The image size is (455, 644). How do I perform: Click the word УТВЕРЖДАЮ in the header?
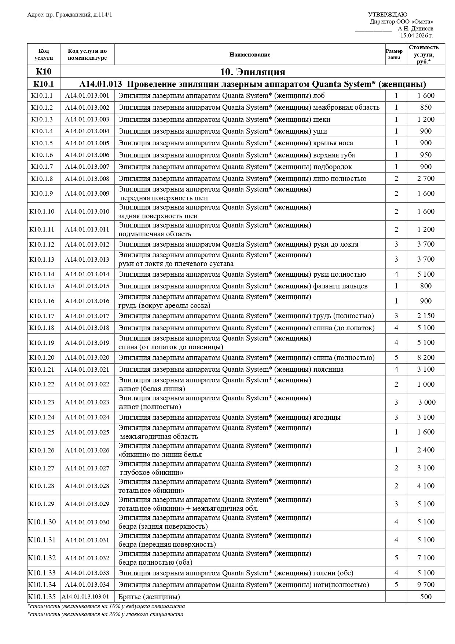(387, 15)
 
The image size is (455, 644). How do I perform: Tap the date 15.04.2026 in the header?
(417, 36)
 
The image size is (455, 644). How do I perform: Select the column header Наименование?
(250, 55)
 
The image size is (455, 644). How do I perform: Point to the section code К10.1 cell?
(43, 84)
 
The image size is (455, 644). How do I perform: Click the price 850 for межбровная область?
(426, 108)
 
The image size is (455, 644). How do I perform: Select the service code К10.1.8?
(42, 179)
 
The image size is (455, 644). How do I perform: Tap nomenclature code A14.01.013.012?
(87, 244)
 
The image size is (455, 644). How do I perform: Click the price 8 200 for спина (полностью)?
(426, 357)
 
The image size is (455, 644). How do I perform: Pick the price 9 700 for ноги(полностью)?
(426, 585)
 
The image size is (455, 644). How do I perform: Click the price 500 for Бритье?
(426, 597)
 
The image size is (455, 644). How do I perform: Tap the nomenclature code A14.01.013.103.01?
(85, 597)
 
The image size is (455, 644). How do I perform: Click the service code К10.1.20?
(42, 357)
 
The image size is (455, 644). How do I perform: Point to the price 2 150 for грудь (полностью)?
(426, 316)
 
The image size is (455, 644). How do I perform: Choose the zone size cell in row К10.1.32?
(396, 558)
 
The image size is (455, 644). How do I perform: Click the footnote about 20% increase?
(105, 614)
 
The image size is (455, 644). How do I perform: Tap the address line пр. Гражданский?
(70, 15)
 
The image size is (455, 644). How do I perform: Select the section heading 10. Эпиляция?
(252, 72)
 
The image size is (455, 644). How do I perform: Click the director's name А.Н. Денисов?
(415, 28)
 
